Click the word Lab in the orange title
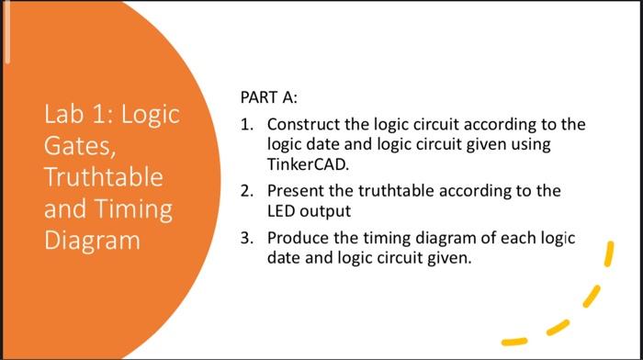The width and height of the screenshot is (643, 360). pos(64,117)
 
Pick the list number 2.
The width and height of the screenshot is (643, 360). pos(245,192)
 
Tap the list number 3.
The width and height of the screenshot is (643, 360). pos(245,239)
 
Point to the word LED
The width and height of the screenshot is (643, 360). pos(281,211)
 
